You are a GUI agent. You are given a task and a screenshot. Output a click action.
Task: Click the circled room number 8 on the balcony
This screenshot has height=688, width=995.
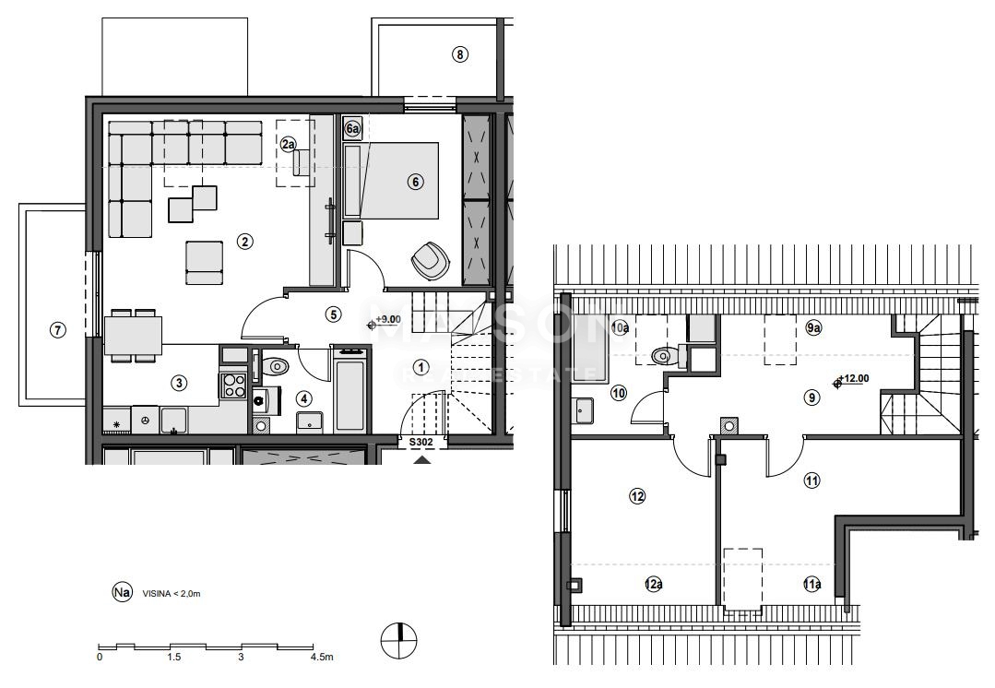coord(460,54)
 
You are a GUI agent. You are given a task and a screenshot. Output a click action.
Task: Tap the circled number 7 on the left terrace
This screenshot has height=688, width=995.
coord(58,329)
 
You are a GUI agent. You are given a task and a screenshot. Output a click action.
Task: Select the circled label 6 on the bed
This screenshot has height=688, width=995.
coord(415,182)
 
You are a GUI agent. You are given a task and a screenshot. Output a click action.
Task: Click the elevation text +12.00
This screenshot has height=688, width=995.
coord(855,379)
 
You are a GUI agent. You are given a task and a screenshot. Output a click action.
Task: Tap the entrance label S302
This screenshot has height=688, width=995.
coord(421,443)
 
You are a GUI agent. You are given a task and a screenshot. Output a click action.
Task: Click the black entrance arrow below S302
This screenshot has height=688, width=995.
coord(421,458)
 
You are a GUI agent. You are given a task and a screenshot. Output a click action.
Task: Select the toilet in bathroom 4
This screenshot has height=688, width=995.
coord(275,367)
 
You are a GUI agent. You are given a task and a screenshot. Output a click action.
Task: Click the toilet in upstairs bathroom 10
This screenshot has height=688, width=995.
coord(664,355)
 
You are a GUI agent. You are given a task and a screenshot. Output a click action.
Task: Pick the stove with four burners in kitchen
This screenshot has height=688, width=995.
coord(234,385)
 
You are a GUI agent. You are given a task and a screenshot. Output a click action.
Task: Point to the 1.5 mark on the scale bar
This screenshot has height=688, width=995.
coord(173,658)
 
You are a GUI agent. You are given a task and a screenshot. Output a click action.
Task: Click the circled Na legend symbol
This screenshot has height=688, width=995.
coord(120,593)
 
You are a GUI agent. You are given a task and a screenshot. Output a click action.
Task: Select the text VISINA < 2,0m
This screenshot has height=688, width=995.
coord(172,594)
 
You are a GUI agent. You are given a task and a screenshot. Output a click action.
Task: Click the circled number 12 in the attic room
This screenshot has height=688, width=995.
coord(637,496)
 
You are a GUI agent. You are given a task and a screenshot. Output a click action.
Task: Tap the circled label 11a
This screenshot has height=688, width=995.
coord(811,584)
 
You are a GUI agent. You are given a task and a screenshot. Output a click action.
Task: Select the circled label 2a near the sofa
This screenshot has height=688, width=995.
coord(289,144)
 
